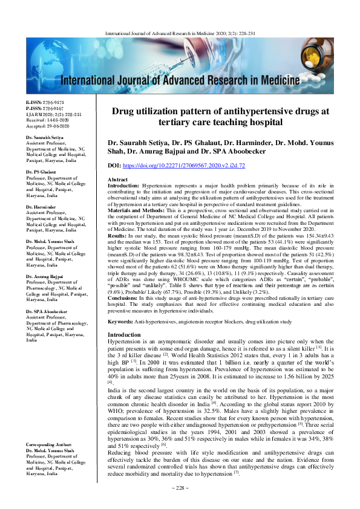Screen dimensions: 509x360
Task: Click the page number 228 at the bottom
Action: coord(180,487)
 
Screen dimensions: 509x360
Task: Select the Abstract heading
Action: coord(117,180)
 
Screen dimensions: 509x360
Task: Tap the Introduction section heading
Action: coord(124,335)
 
